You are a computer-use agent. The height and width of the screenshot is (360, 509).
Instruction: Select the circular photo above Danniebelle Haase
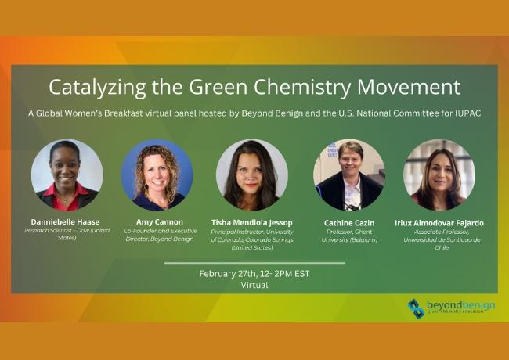click(x=67, y=175)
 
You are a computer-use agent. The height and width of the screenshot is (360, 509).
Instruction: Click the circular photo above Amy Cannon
click(x=157, y=175)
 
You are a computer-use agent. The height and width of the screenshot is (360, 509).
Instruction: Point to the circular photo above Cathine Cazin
click(x=349, y=175)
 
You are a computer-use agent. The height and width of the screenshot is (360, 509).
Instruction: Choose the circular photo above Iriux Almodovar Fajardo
click(x=439, y=175)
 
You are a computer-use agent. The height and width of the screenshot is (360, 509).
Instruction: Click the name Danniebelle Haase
click(x=67, y=221)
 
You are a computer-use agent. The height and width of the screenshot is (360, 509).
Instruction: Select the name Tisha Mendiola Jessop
click(x=253, y=221)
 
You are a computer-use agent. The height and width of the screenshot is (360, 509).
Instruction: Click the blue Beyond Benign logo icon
click(x=416, y=308)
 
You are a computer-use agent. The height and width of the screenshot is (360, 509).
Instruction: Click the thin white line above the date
click(x=254, y=263)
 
